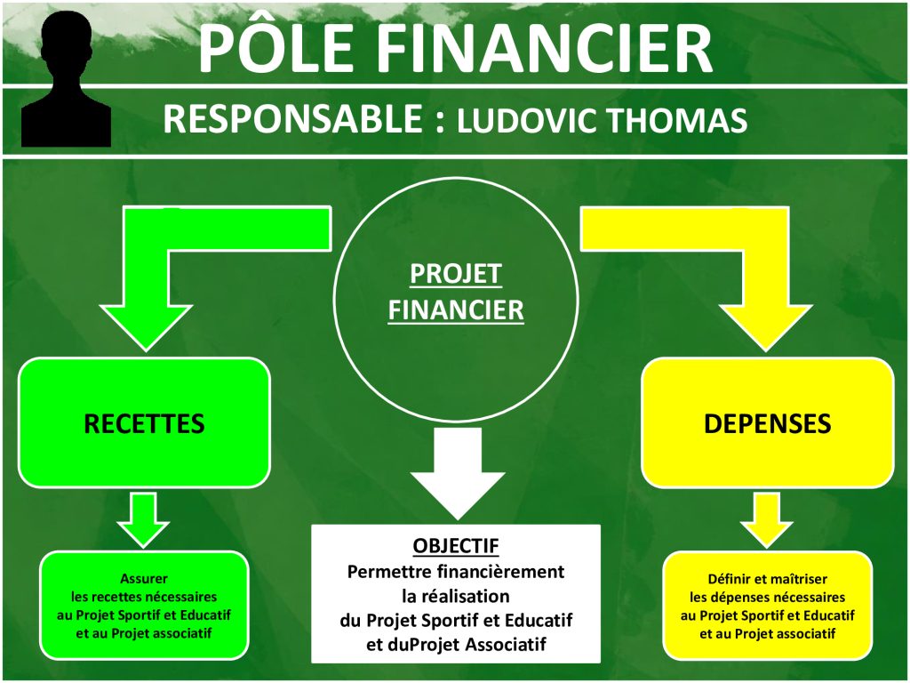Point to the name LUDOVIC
(x=526, y=120)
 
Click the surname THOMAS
(x=676, y=120)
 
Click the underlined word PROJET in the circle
(x=456, y=274)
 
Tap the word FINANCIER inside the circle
(x=456, y=309)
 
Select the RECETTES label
(x=144, y=423)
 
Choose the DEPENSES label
(x=767, y=423)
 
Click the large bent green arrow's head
(x=146, y=327)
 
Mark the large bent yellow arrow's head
(x=766, y=327)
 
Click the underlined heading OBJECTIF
(x=456, y=546)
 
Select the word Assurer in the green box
(x=144, y=578)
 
